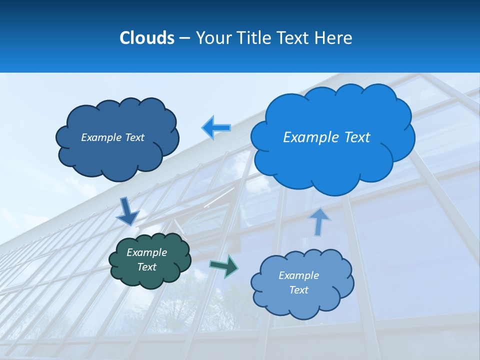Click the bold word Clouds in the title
[x=146, y=37]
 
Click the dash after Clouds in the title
[x=184, y=38]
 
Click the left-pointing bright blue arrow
[x=216, y=127]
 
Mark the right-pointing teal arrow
[x=223, y=265]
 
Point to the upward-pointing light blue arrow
[x=319, y=221]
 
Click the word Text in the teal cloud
[x=147, y=267]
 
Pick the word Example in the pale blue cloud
[x=298, y=275]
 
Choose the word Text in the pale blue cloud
[x=298, y=290]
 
